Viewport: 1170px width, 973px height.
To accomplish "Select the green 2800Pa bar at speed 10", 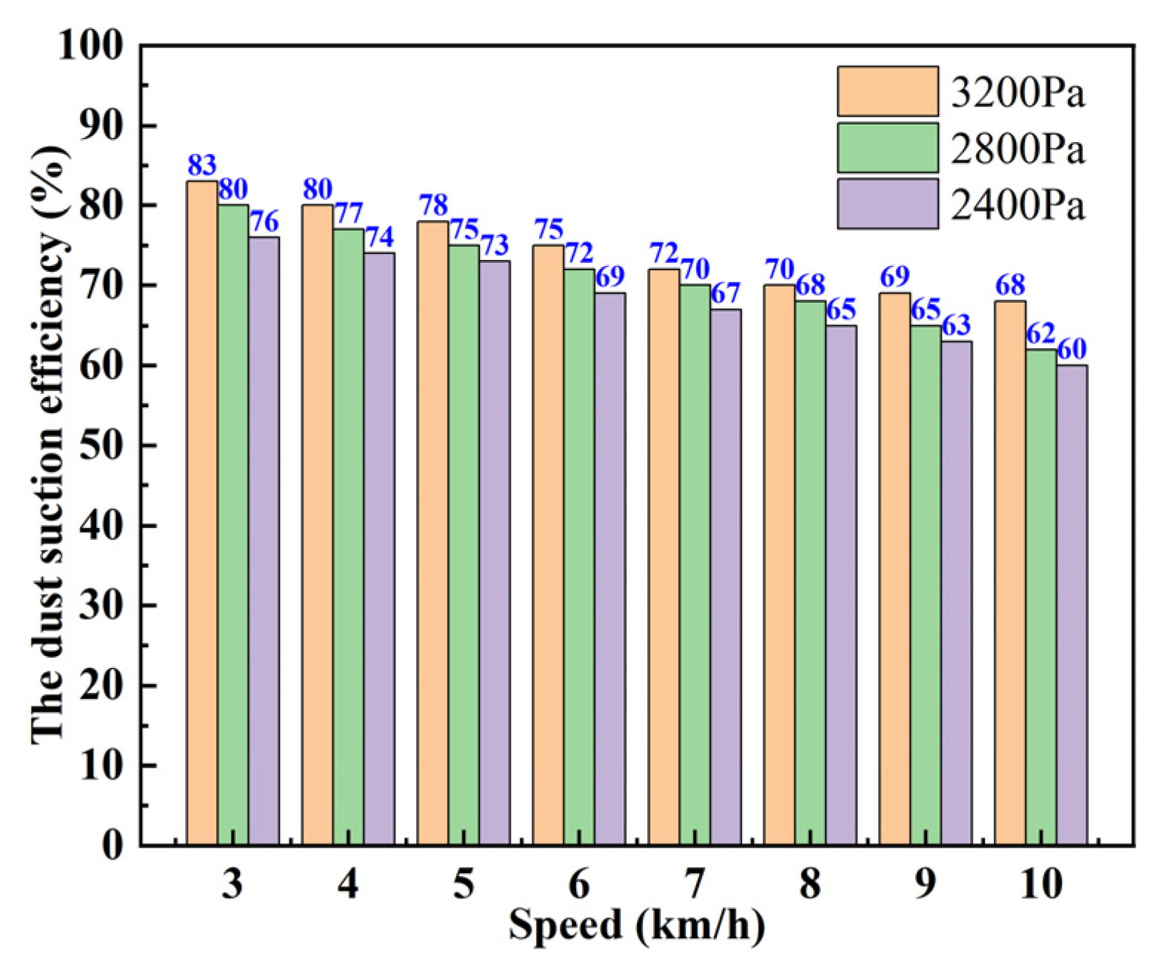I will [1040, 597].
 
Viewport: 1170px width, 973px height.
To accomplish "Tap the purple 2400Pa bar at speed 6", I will [609, 569].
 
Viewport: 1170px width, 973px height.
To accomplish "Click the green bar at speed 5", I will [464, 545].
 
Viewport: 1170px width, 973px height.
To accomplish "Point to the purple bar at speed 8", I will [840, 585].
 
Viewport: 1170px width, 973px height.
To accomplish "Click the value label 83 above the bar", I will [201, 165].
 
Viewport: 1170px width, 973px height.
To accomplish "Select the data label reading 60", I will [1072, 349].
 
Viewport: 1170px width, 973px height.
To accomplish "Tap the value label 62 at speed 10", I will [1040, 334].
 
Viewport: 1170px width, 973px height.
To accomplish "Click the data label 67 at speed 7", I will [726, 293].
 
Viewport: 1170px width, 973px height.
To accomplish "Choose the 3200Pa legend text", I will [1017, 93].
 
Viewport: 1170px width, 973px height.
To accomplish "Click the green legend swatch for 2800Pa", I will [888, 147].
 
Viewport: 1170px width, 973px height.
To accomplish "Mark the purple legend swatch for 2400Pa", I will [888, 203].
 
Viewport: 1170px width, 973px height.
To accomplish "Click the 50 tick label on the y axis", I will [101, 446].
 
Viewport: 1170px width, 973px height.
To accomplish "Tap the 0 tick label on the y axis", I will [112, 846].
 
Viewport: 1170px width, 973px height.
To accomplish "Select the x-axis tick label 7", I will [694, 883].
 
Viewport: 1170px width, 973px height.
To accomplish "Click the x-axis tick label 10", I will [1040, 883].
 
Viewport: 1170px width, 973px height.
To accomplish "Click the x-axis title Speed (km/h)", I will [636, 925].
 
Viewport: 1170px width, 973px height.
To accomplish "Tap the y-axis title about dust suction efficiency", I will [49, 444].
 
